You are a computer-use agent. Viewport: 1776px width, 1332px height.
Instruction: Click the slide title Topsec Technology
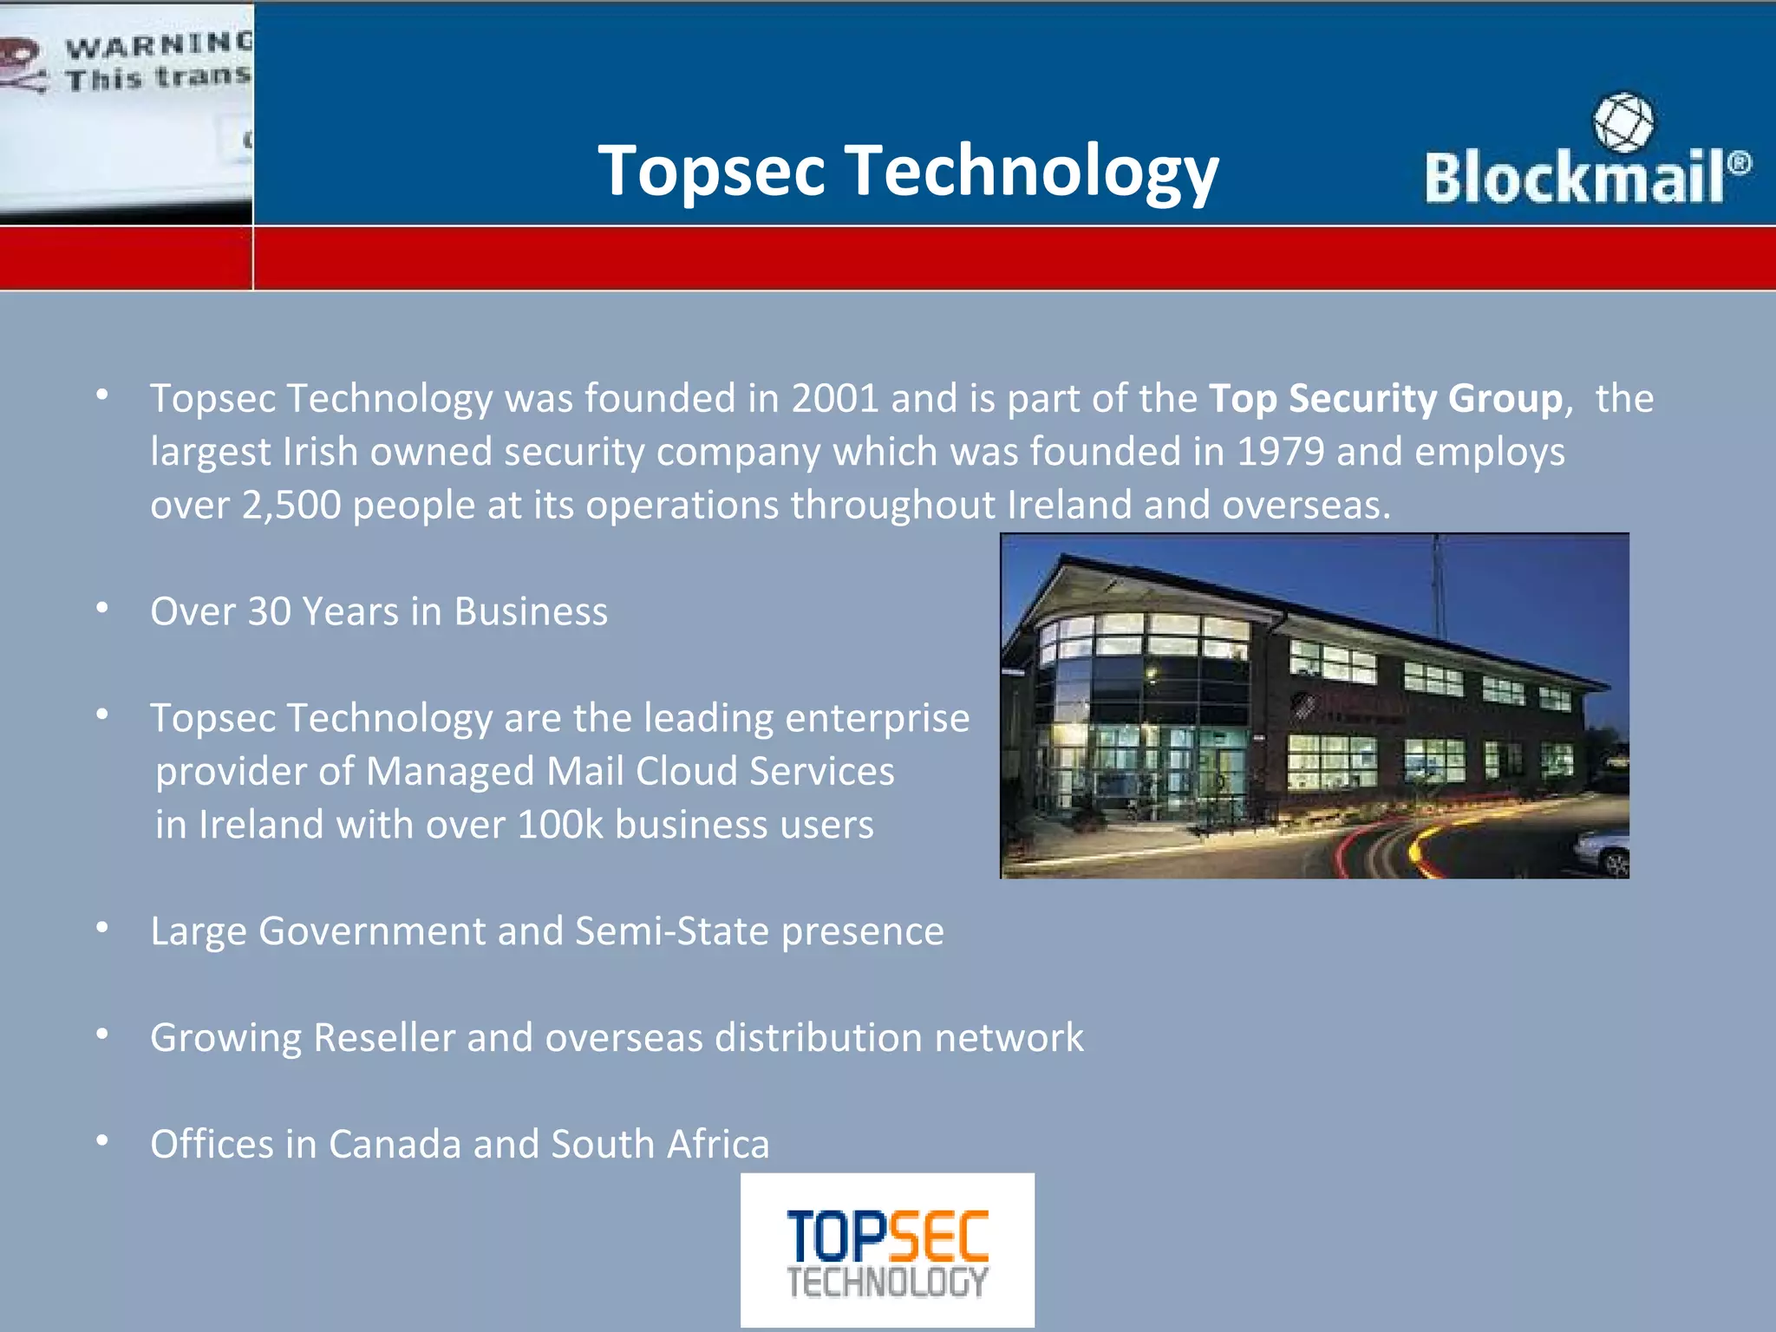coord(908,171)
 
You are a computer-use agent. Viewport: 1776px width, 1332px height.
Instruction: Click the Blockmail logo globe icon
coord(1623,122)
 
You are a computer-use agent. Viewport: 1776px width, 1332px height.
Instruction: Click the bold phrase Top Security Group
coord(1385,399)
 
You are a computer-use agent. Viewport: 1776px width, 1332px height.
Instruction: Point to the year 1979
coord(1280,452)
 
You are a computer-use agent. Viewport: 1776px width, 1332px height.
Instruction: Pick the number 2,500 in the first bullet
coord(291,506)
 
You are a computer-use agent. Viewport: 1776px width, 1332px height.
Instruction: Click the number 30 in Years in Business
coord(269,611)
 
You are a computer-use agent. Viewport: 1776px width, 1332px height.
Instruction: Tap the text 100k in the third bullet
coord(559,825)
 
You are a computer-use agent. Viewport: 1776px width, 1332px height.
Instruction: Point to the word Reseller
coord(384,1038)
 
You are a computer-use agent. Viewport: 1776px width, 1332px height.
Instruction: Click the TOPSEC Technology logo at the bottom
coord(887,1250)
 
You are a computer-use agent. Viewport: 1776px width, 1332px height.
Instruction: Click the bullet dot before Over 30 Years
coord(102,609)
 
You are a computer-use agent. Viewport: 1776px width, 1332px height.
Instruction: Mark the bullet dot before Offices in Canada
coord(102,1141)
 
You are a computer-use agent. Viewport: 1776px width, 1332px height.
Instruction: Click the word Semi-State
coord(672,931)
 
